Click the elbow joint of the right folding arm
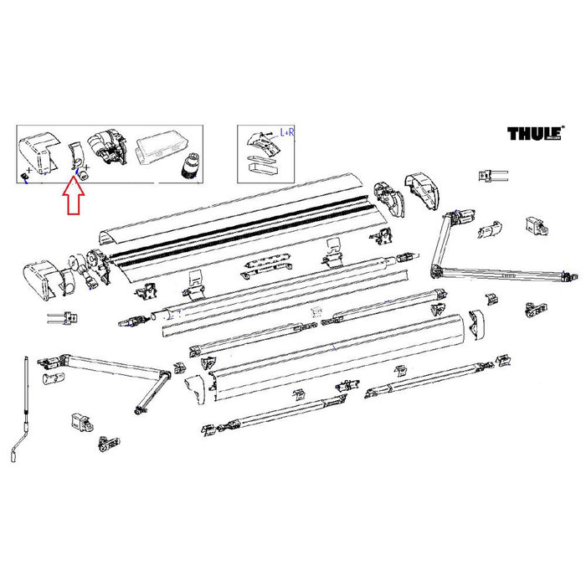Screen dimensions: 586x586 436,270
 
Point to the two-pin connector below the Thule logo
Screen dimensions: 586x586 489,176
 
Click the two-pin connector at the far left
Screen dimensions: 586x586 59,318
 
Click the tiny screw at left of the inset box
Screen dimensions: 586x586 25,174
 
